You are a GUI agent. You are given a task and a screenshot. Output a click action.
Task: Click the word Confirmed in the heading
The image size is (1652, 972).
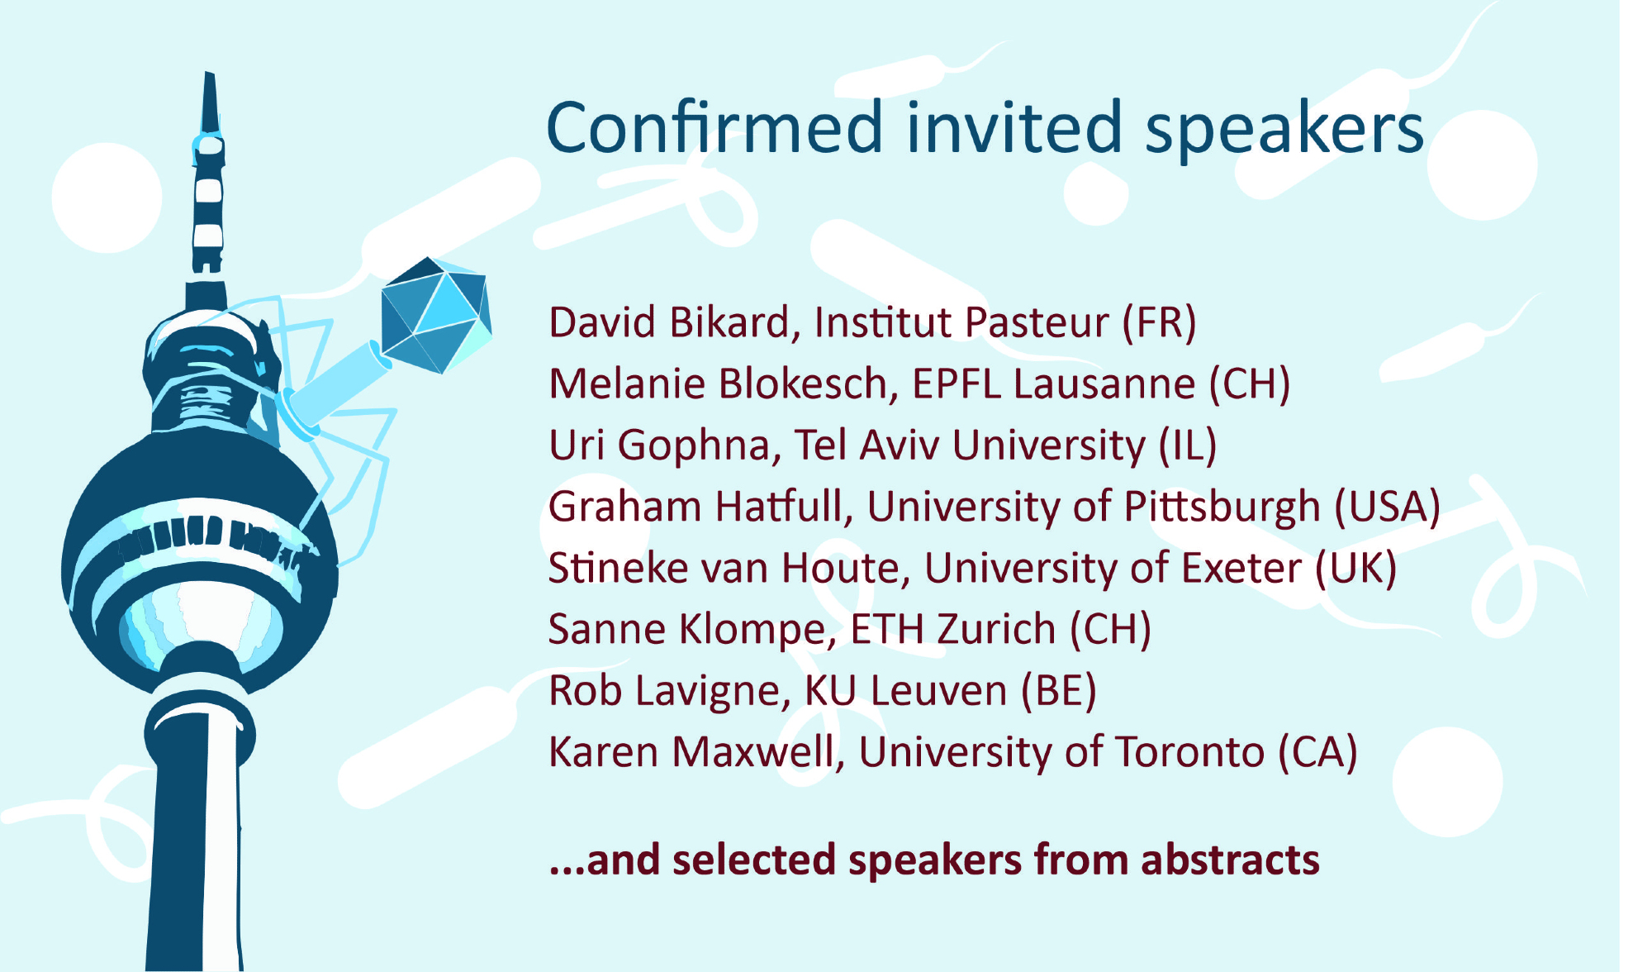715,127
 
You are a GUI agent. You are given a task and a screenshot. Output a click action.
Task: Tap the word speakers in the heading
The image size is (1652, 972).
1284,132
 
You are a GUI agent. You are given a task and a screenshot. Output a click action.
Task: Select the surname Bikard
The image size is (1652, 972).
734,322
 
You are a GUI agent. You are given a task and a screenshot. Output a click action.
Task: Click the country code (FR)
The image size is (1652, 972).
1159,323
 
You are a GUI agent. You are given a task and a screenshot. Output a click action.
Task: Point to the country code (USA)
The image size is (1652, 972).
1388,507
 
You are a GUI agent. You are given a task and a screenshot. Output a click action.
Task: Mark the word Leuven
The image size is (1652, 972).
938,691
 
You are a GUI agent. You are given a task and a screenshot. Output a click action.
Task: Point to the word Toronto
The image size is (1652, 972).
1190,752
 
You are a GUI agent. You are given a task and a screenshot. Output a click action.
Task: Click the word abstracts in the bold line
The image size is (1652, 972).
1230,860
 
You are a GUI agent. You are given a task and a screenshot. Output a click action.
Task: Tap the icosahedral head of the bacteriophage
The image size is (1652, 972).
436,315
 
